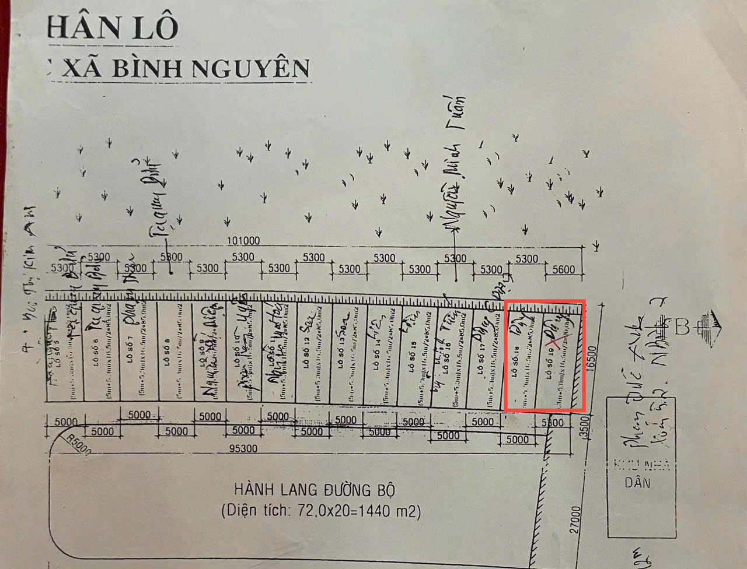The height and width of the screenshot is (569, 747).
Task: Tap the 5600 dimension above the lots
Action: (563, 269)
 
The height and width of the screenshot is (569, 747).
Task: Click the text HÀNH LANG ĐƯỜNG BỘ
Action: (318, 489)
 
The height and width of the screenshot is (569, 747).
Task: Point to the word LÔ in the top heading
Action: (156, 29)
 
